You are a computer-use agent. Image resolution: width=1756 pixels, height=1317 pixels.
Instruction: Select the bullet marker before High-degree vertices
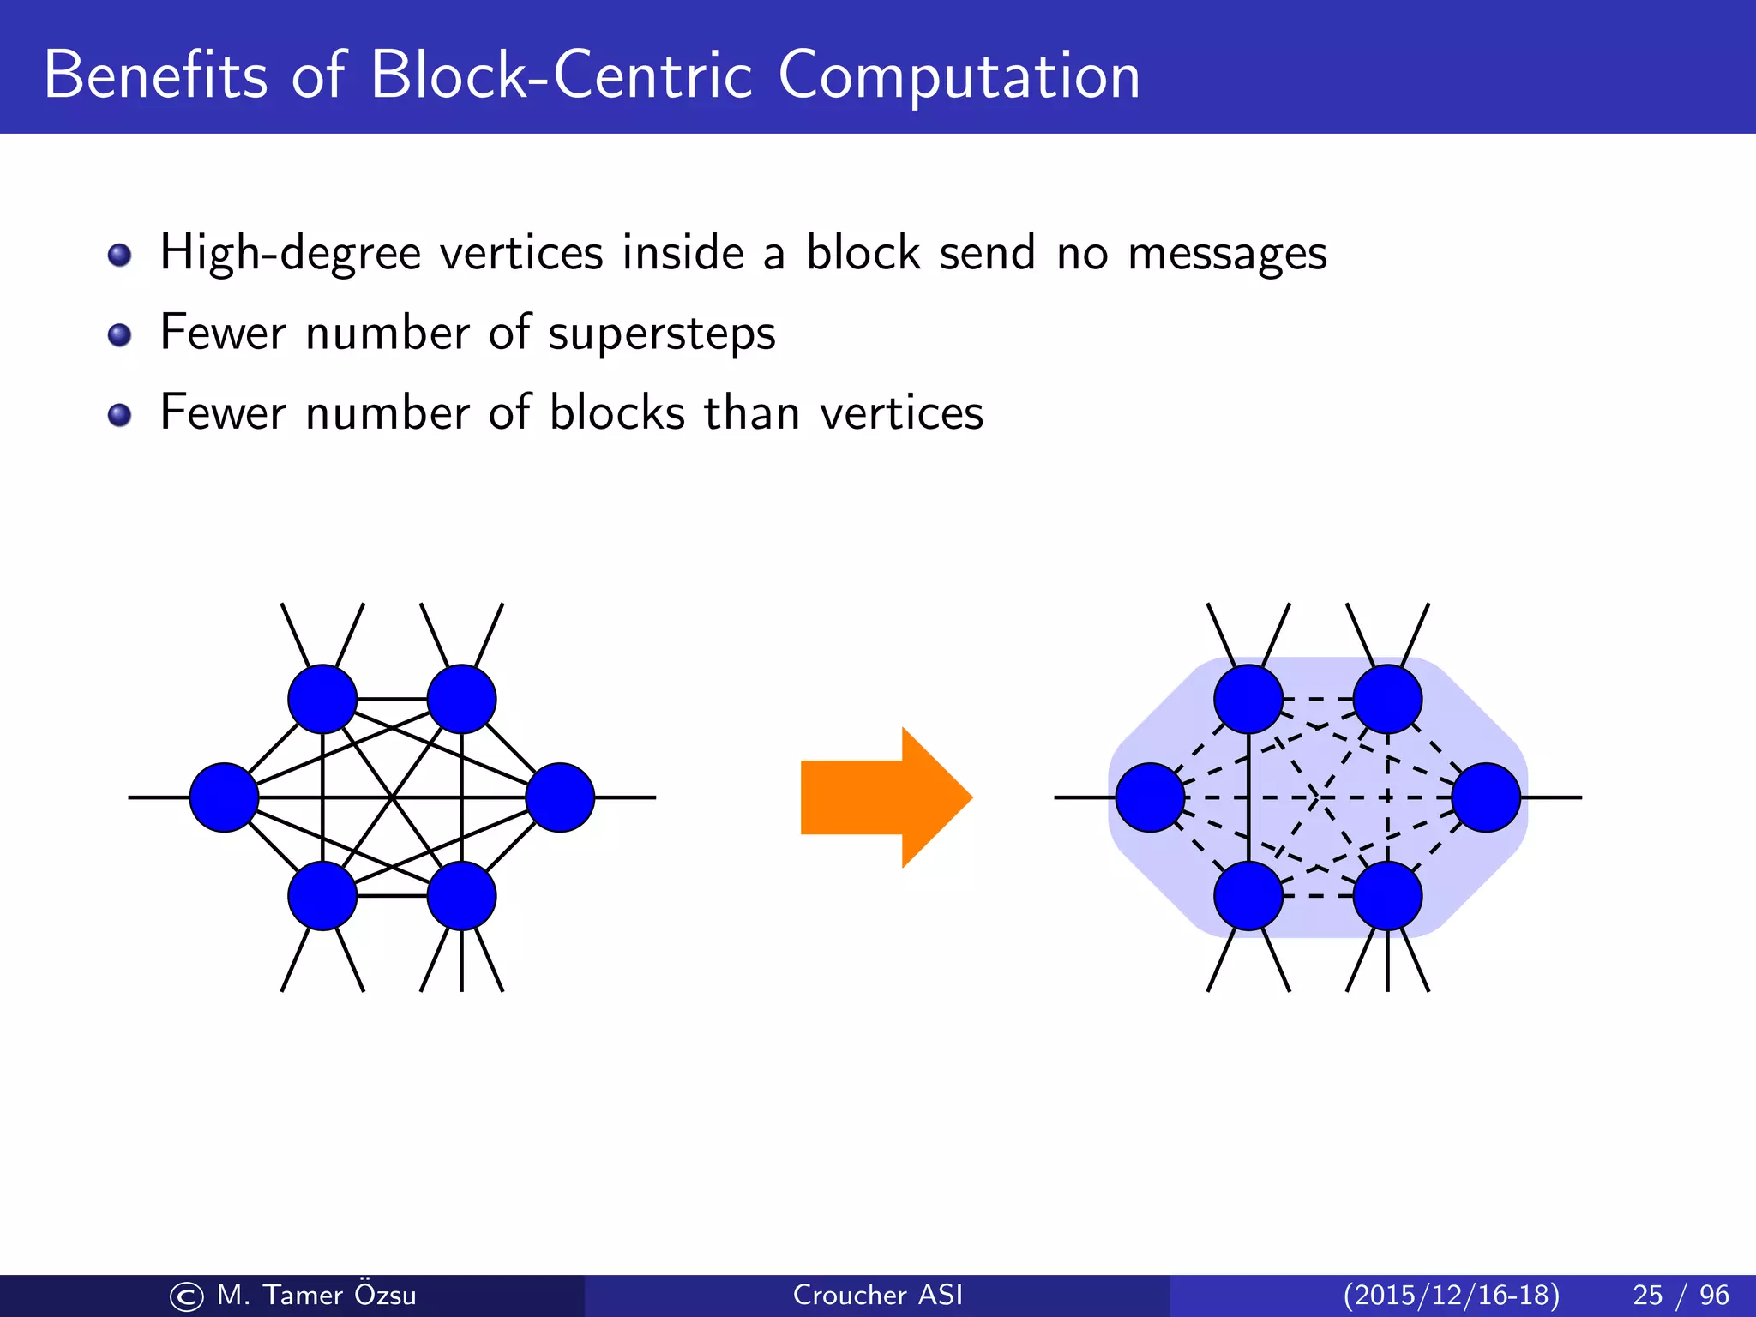pos(120,255)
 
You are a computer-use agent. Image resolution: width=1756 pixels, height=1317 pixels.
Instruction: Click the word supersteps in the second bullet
pos(661,334)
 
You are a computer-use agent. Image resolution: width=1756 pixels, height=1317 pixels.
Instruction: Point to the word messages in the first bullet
pos(1227,255)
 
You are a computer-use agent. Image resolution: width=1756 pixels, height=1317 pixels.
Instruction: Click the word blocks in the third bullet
pos(616,412)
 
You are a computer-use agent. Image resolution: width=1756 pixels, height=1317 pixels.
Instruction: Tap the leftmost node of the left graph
pos(224,797)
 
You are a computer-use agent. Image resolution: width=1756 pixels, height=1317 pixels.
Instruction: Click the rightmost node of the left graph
pos(560,797)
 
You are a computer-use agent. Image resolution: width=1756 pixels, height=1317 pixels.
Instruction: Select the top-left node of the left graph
pos(322,699)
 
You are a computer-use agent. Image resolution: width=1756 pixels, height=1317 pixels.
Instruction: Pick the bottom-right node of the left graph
pos(461,896)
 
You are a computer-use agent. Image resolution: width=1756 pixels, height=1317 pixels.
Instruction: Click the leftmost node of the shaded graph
pos(1150,797)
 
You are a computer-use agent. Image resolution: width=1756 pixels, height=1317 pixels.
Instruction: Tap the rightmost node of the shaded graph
pos(1486,797)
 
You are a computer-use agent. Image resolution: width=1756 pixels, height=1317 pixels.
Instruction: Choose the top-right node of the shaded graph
pos(1387,699)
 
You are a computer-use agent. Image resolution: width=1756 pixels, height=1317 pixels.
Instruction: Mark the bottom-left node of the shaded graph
pos(1248,896)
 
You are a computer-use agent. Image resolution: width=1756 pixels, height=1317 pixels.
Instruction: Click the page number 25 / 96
pos(1681,1295)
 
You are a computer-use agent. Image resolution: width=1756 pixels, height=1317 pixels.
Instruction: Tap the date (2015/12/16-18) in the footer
pos(1451,1295)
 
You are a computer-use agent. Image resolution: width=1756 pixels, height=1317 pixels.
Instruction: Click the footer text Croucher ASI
pos(877,1295)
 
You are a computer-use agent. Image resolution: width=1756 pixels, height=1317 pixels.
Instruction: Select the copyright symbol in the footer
pos(186,1296)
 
